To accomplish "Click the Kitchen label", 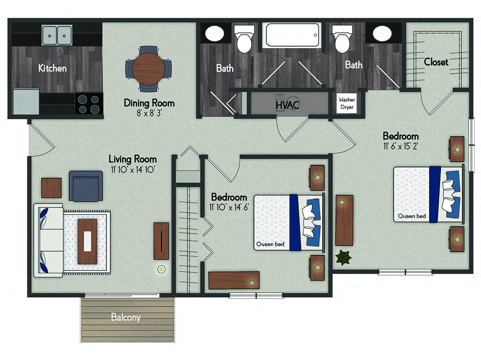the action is coord(52,68).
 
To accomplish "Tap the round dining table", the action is coord(149,68).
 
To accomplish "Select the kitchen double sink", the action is coord(57,35).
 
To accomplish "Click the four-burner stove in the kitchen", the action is coord(89,104).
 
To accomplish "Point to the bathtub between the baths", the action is coord(292,35).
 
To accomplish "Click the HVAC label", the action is coord(287,104).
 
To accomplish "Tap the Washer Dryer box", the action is coord(347,103).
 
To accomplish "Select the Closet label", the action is coord(436,62).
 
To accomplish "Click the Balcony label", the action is coord(126,317).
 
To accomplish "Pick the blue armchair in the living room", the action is coord(86,186).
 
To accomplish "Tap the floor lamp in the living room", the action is coord(162,269).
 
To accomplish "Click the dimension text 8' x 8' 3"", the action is coord(149,113).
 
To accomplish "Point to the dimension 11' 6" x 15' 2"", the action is coord(401,146).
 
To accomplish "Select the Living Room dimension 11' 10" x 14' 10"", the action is coord(133,169).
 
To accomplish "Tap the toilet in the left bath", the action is coord(244,39).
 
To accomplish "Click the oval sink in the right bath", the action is coord(382,34).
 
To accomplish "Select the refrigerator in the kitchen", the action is coord(26,102).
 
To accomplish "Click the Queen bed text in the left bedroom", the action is coord(270,244).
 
